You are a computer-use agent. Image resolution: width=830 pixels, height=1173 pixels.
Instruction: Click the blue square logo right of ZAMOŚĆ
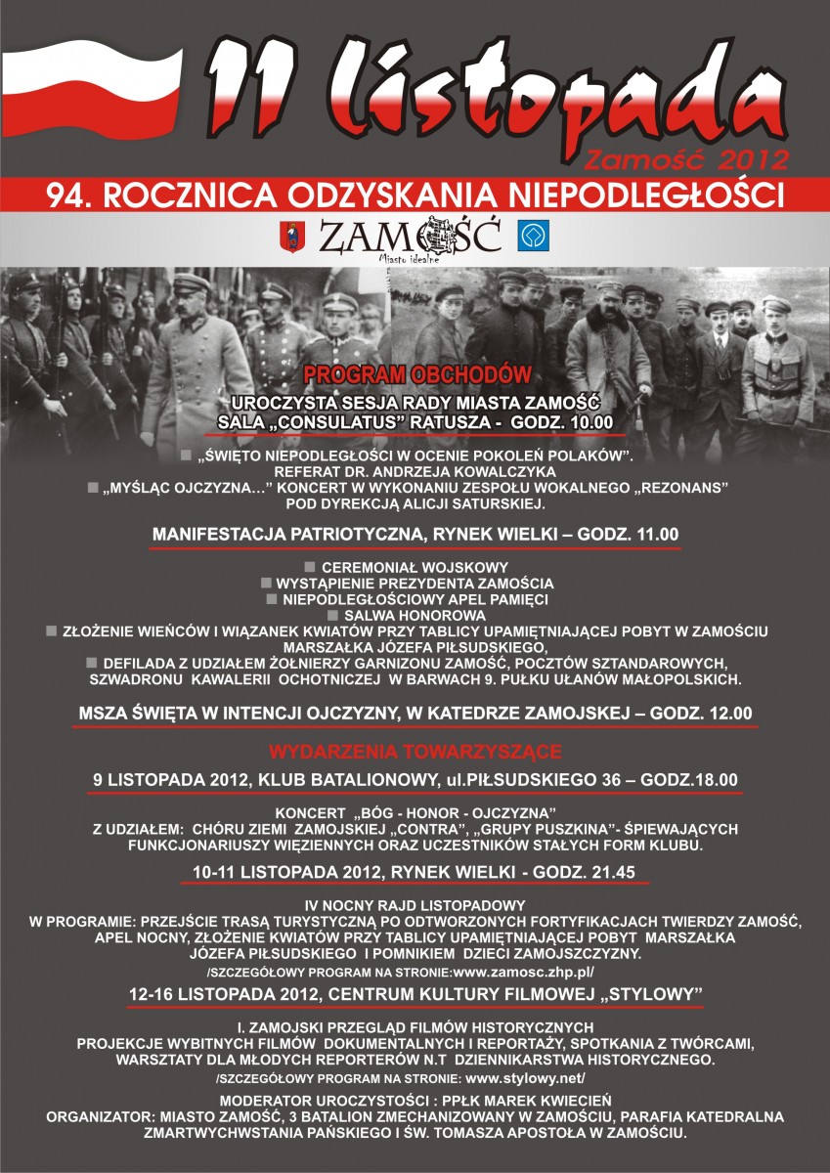534,236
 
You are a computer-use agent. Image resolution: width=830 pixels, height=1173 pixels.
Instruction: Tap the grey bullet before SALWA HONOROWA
333,615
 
